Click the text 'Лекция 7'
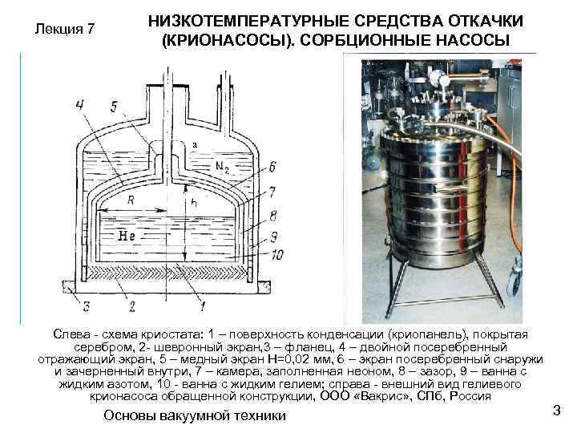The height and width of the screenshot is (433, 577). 65,29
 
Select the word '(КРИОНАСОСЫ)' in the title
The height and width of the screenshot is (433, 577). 228,40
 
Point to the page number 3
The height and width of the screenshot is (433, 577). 557,410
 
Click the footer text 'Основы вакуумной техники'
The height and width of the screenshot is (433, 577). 194,415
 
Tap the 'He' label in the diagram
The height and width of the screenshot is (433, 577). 126,236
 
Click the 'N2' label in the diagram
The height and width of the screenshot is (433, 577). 222,168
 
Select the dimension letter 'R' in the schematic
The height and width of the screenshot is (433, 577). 131,200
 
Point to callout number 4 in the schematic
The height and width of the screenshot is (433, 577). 80,107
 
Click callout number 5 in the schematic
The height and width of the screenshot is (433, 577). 114,107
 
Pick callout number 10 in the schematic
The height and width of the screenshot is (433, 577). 277,255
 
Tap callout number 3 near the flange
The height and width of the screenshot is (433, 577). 86,306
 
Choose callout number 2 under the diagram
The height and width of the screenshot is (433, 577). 131,306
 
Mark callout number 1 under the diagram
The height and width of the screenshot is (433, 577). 202,306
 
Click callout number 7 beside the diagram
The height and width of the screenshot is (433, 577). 272,192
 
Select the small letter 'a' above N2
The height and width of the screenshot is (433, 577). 195,145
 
